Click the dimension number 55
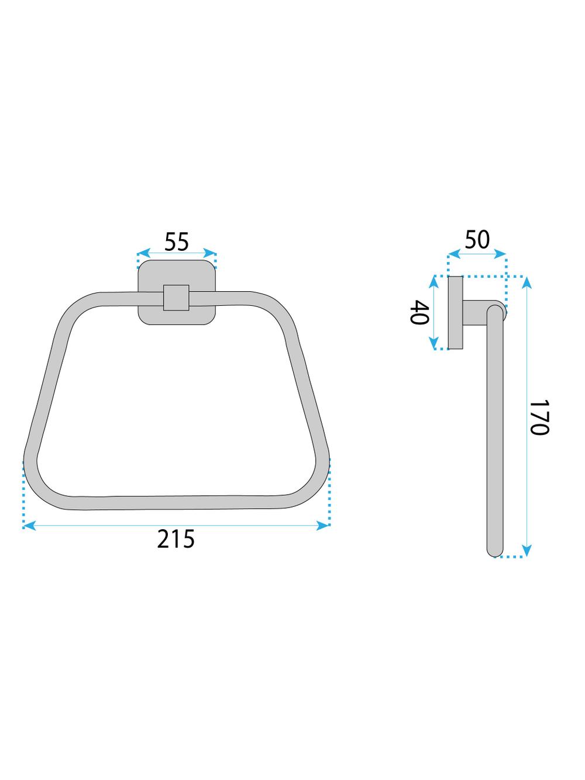[176, 241]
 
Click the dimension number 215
[175, 539]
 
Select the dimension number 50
[477, 240]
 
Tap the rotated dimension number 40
[420, 313]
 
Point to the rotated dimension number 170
[538, 417]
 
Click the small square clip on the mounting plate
[176, 298]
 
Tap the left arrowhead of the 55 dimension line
[141, 254]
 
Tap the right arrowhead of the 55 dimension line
[212, 254]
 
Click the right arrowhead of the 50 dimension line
[502, 255]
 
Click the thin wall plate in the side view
[455, 313]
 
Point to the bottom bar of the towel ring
[175, 503]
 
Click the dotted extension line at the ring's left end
[23, 494]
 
